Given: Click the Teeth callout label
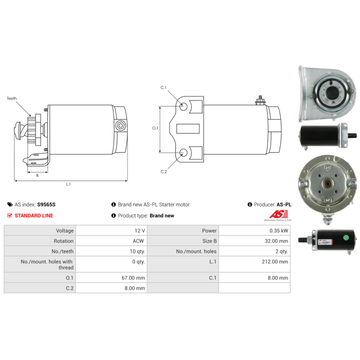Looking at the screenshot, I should coord(12,98).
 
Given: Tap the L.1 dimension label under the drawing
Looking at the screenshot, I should coord(68,184).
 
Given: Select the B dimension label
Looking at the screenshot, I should coord(37,175).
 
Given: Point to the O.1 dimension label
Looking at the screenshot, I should coord(155,128).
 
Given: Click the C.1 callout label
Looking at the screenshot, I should coord(164,87).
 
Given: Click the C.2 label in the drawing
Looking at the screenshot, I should coord(164,171).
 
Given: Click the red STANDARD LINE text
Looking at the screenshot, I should coord(34,216).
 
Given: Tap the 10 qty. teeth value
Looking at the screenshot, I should coord(135,251).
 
